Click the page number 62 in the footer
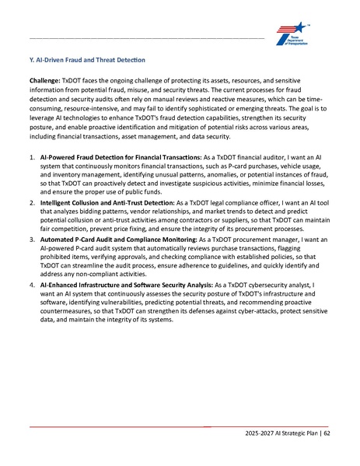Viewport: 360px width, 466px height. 327,434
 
